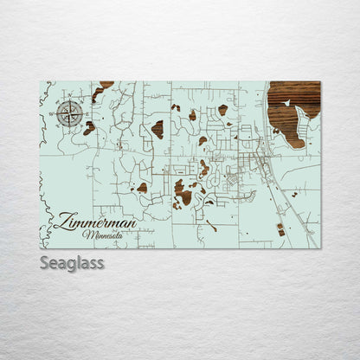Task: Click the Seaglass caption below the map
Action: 72,262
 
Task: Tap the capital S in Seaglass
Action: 45,262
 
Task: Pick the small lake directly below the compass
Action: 89,128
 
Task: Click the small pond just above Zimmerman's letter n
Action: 141,188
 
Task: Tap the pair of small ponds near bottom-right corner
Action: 280,229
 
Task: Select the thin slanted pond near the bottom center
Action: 211,225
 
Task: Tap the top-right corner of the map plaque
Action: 320,81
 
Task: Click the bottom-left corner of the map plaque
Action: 40,247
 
